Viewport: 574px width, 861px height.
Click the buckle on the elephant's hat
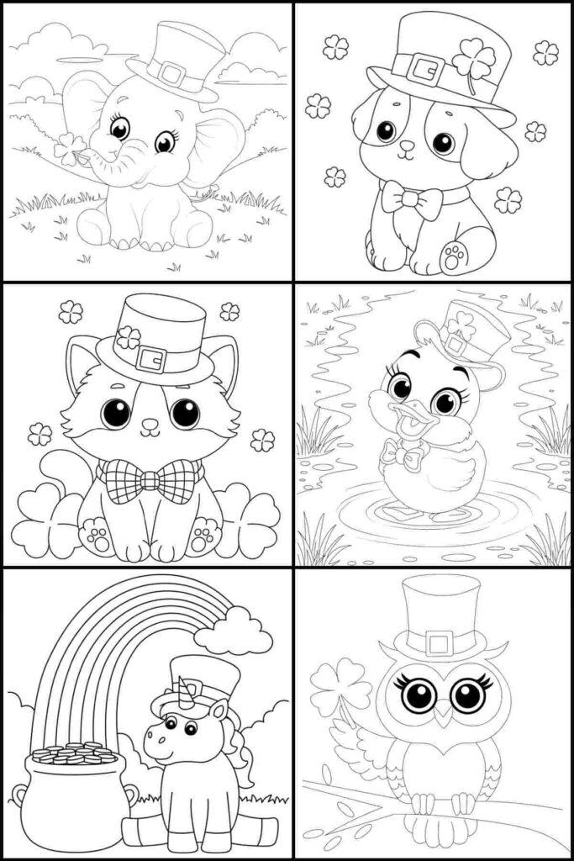click(172, 73)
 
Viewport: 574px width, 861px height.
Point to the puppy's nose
click(407, 145)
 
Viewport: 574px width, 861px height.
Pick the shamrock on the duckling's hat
click(461, 325)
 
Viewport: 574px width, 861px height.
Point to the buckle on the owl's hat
click(440, 644)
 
